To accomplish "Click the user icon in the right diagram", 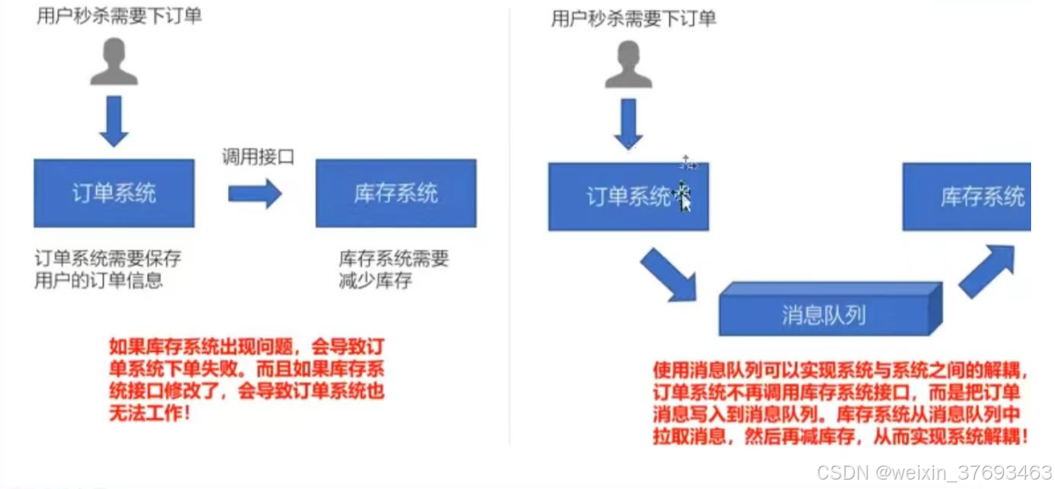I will click(x=628, y=65).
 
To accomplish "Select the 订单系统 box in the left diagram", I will click(x=114, y=193).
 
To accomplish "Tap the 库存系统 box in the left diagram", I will click(x=395, y=193).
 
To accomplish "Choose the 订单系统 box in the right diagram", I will click(x=628, y=197).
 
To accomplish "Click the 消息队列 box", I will click(x=824, y=314).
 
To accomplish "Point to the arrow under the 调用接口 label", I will click(x=255, y=193).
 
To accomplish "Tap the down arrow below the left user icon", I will click(x=113, y=122).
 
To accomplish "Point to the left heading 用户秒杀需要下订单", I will click(x=119, y=16).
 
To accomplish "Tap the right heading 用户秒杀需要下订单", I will click(x=634, y=18).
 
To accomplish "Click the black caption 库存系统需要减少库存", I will click(x=393, y=269).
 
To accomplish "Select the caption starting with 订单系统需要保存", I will click(x=107, y=268).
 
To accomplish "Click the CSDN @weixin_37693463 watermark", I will click(x=933, y=472).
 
